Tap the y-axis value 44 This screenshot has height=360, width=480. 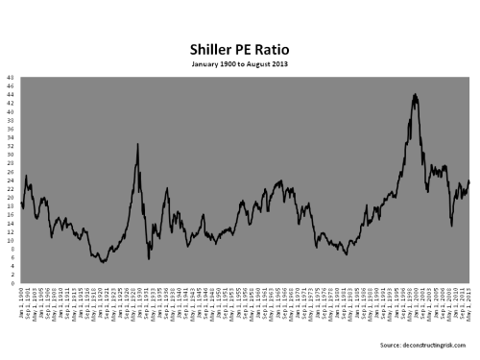coord(10,93)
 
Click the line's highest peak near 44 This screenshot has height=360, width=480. coord(414,94)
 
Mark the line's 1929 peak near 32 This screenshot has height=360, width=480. coord(138,144)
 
